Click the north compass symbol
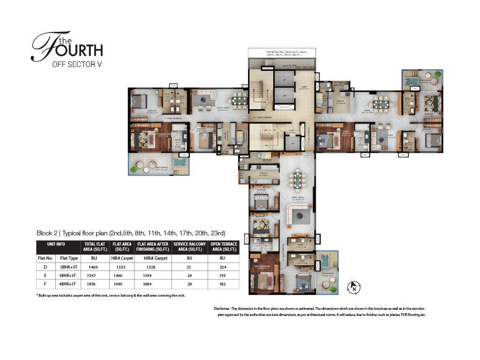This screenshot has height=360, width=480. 354,287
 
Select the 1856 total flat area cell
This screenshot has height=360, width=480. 93,284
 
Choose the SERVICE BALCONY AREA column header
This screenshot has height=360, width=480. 188,247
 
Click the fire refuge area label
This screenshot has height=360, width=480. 281,52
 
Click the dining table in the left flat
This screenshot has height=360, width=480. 240,100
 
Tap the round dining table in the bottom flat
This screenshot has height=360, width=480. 297,178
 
